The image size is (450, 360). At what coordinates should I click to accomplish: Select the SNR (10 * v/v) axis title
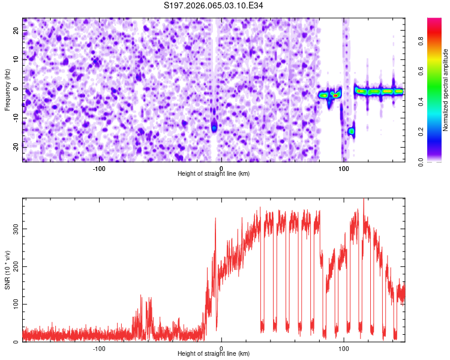(7, 270)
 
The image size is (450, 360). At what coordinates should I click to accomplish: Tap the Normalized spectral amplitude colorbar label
(446, 90)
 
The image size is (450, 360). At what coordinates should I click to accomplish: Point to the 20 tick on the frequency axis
(16, 30)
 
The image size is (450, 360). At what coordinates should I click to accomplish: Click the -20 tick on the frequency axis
(15, 146)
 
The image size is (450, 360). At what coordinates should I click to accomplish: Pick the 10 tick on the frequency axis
(16, 59)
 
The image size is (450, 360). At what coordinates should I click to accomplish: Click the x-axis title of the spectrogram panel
(214, 174)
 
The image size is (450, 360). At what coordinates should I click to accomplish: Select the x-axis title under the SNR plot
(214, 354)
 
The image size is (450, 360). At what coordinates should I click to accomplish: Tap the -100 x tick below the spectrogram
(99, 169)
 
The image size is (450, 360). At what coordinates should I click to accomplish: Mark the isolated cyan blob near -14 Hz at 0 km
(214, 128)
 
